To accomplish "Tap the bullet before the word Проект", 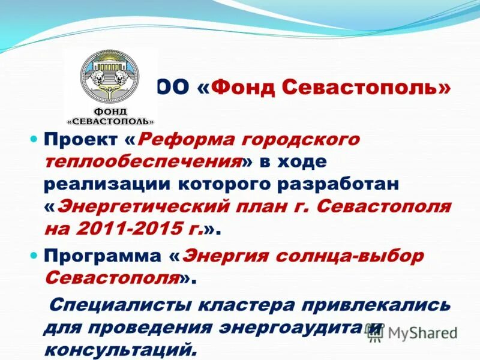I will pyautogui.click(x=34, y=139).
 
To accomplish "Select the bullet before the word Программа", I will pyautogui.click(x=34, y=255).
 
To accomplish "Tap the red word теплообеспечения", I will pyautogui.click(x=142, y=162).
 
